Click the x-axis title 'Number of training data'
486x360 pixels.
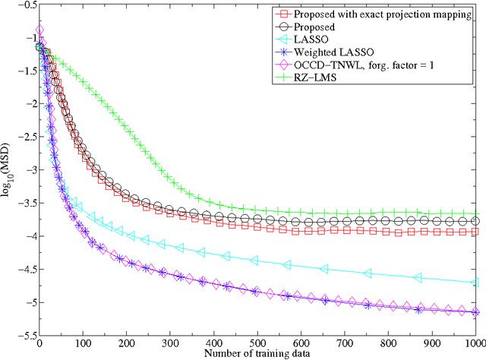pyautogui.click(x=257, y=354)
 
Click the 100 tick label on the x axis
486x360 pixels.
pyautogui.click(x=83, y=344)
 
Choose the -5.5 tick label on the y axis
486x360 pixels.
pyautogui.click(x=24, y=335)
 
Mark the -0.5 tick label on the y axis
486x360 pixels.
pyautogui.click(x=24, y=6)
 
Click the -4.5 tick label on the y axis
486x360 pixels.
pyautogui.click(x=24, y=270)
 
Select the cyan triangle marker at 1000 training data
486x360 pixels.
pyautogui.click(x=475, y=282)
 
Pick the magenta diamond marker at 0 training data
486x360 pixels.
pyautogui.click(x=39, y=30)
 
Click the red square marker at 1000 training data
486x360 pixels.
pyautogui.click(x=475, y=232)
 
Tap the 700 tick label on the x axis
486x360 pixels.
pyautogui.click(x=346, y=344)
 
